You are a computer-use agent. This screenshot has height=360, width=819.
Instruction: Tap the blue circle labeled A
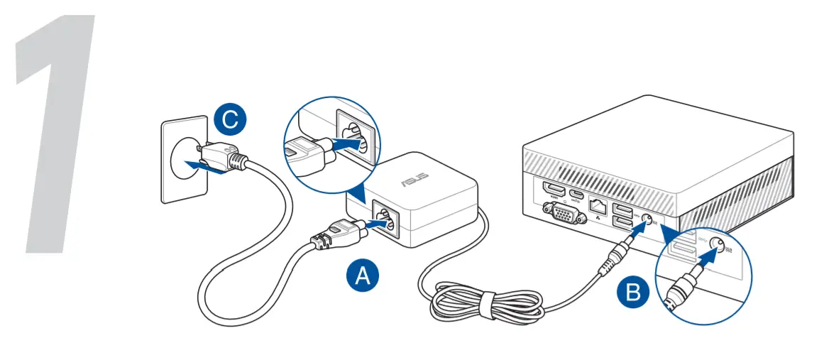(x=362, y=274)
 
